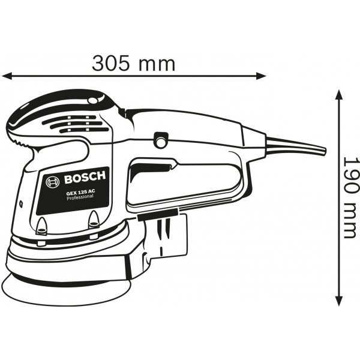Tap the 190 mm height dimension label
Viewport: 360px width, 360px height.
point(349,197)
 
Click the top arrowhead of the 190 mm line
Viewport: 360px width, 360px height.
point(339,95)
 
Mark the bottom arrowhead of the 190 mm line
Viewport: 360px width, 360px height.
point(339,301)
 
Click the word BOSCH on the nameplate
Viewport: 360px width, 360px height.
point(83,178)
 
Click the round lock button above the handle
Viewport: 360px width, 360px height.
point(160,140)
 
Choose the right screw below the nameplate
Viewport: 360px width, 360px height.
point(94,221)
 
